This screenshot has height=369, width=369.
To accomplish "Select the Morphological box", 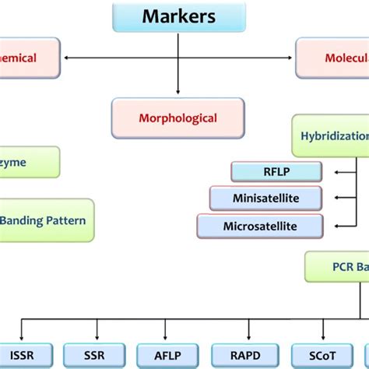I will coord(177,118).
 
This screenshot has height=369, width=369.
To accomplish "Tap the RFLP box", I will coord(276,171).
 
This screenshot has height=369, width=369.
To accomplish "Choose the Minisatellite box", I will coord(265,198).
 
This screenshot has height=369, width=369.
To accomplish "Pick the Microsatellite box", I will coord(259,226).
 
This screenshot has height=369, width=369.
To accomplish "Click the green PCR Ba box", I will coord(336,267).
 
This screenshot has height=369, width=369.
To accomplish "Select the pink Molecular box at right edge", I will coord(333,57).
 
